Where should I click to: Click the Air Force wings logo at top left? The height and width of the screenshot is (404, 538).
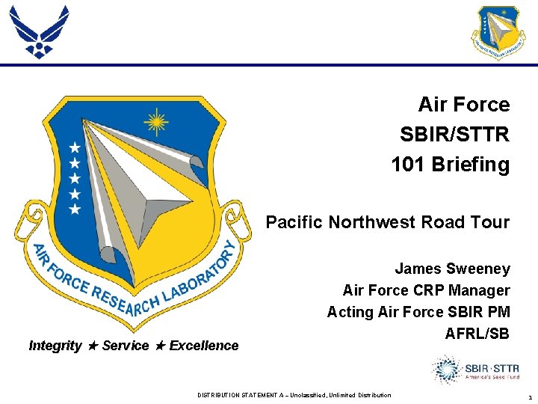[x=38, y=31]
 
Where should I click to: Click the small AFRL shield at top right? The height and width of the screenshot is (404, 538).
[x=498, y=32]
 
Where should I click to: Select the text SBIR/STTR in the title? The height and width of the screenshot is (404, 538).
[x=454, y=135]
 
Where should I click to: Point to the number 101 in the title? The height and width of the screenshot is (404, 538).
[x=409, y=164]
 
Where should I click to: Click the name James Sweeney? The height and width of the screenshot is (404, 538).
[x=452, y=269]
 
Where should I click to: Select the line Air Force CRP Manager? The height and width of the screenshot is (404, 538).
[x=426, y=290]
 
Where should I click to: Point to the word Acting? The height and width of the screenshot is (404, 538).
[x=350, y=312]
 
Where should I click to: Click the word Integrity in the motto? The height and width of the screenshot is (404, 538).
[x=55, y=346]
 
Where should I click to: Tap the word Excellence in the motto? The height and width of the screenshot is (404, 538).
[x=204, y=346]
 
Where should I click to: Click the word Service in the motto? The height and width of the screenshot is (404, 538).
[x=125, y=346]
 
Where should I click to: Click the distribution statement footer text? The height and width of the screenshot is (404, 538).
[x=294, y=395]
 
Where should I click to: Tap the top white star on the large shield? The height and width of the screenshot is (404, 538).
[x=74, y=147]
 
